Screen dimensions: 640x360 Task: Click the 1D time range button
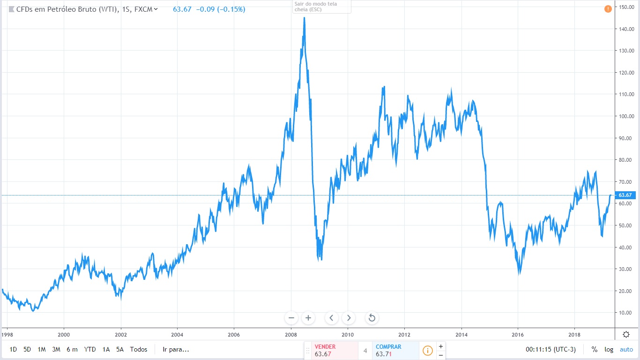13,349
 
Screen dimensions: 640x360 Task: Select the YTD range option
89,349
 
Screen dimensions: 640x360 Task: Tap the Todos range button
139,349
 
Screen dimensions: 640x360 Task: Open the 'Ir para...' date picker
176,349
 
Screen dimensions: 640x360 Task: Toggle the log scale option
609,349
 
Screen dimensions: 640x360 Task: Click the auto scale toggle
626,349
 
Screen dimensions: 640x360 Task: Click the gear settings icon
626,334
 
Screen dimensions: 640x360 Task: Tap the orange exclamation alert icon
608,9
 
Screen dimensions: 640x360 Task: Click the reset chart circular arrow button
372,318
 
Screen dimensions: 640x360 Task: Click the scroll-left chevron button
331,318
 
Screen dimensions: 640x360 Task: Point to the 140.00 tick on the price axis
626,29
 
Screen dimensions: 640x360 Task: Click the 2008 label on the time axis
290,335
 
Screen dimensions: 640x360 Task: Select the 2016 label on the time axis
517,335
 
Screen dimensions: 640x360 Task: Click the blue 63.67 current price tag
625,195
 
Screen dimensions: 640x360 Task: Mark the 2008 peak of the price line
304,18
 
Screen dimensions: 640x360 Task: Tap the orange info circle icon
428,350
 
